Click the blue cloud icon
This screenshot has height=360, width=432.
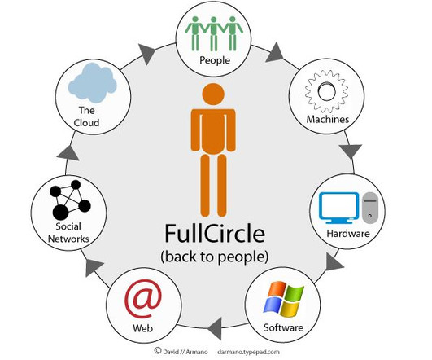[x=92, y=82]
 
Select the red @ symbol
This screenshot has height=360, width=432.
[x=142, y=299]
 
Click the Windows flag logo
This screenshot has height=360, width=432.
[x=284, y=299]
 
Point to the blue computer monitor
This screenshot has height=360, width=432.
[x=339, y=208]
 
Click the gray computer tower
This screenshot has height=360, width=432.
[x=370, y=208]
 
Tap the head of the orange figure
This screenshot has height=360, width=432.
[x=213, y=94]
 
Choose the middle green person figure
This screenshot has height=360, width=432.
[x=213, y=33]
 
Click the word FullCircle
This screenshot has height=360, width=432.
[x=215, y=234]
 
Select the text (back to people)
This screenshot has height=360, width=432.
[x=214, y=257]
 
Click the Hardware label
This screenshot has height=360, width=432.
[x=348, y=234]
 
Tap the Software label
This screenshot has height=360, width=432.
[x=283, y=327]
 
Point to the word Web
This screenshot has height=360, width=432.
[x=142, y=328]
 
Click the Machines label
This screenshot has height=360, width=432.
[x=328, y=119]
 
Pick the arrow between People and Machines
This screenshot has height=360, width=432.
[x=276, y=53]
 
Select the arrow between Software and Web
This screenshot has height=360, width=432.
[x=215, y=328]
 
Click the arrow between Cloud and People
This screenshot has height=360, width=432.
[x=146, y=54]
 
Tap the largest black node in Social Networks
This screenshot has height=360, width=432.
[x=60, y=212]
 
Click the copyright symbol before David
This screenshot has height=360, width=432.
[x=158, y=350]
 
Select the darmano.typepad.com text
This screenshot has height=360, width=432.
[x=248, y=352]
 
